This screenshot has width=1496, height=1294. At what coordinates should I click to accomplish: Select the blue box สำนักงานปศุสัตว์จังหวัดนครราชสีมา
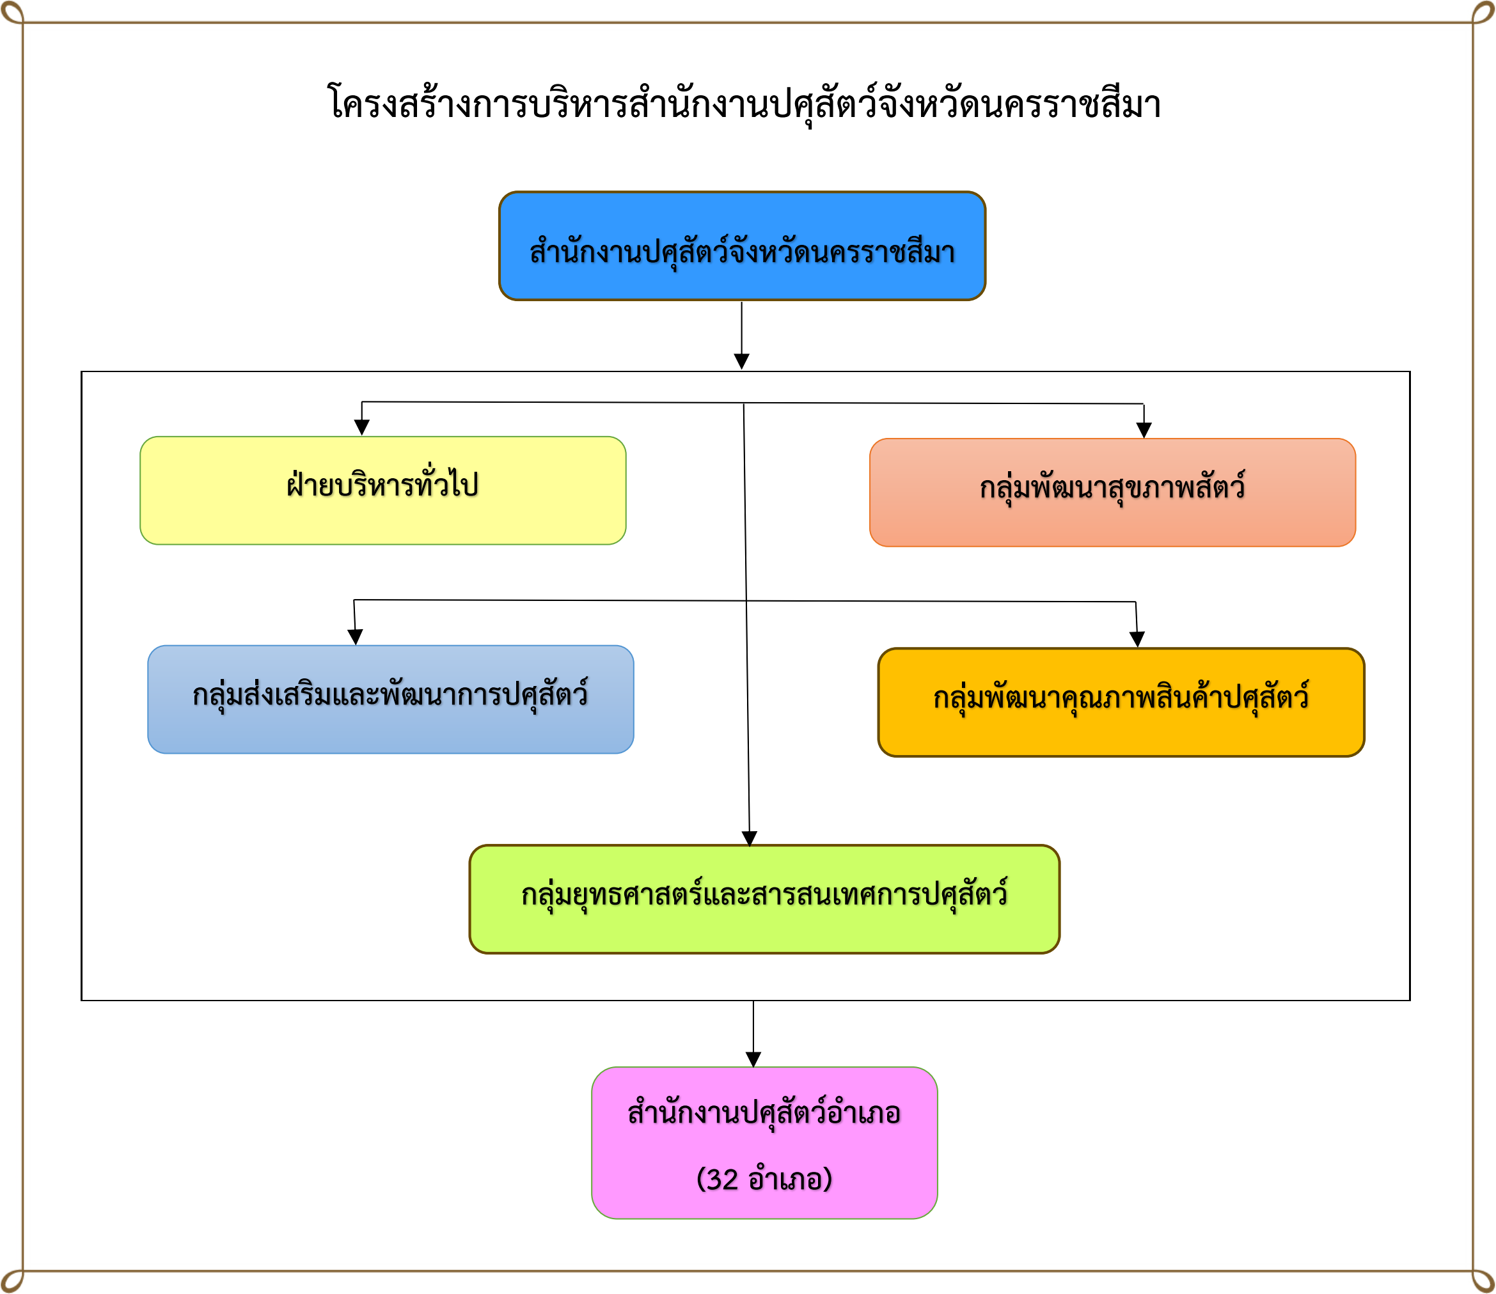tap(742, 246)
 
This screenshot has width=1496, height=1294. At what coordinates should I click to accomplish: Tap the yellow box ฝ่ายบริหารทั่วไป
tap(383, 490)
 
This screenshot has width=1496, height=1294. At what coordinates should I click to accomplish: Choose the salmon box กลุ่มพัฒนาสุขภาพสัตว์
tap(1112, 492)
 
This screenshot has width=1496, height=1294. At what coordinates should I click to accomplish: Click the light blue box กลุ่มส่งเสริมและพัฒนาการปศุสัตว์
tap(390, 699)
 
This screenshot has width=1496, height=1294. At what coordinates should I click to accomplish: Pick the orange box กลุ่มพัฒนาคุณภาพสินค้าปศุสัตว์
tap(1121, 702)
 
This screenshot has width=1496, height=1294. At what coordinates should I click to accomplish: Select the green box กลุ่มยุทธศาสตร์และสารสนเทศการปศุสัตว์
tap(764, 899)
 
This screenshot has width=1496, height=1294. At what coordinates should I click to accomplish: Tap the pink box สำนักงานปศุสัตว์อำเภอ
tap(764, 1143)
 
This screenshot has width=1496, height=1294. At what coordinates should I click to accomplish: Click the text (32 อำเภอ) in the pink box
tap(764, 1179)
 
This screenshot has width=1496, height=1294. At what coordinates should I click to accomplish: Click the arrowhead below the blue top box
tap(741, 361)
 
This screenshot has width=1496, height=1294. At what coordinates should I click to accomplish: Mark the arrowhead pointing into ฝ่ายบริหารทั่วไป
tap(362, 428)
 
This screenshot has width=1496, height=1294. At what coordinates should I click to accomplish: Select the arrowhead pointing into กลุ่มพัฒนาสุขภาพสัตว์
tap(1144, 430)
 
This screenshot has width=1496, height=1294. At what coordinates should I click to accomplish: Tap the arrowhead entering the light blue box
tap(355, 636)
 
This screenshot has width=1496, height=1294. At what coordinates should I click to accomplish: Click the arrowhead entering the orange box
tap(1137, 639)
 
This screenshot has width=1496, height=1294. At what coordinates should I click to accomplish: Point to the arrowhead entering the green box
tap(749, 838)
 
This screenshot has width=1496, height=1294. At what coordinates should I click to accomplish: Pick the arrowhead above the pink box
tap(753, 1059)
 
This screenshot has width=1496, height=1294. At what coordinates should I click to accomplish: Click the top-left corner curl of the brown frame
tap(12, 12)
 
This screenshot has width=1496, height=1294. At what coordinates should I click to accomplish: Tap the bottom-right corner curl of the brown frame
tap(1484, 1281)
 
